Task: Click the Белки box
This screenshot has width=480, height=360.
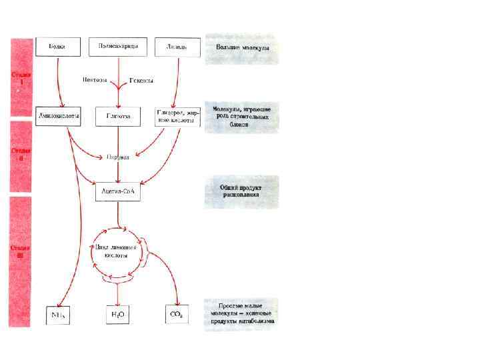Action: (x=57, y=47)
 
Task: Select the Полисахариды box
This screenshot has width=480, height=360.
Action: (x=117, y=47)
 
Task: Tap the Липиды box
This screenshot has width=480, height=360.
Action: (x=176, y=47)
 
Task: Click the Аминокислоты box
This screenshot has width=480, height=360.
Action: (x=59, y=116)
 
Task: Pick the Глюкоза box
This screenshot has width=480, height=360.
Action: (x=118, y=116)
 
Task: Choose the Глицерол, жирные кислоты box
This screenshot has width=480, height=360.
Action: (x=177, y=116)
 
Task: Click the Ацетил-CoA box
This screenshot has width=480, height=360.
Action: (x=118, y=191)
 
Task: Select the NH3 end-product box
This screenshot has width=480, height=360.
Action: (x=58, y=313)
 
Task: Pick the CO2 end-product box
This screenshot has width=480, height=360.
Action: (x=177, y=313)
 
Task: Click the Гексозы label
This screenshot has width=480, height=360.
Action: (x=141, y=81)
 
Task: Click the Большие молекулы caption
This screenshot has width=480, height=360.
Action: (x=241, y=49)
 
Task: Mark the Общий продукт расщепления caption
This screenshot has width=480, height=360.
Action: (x=241, y=192)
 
